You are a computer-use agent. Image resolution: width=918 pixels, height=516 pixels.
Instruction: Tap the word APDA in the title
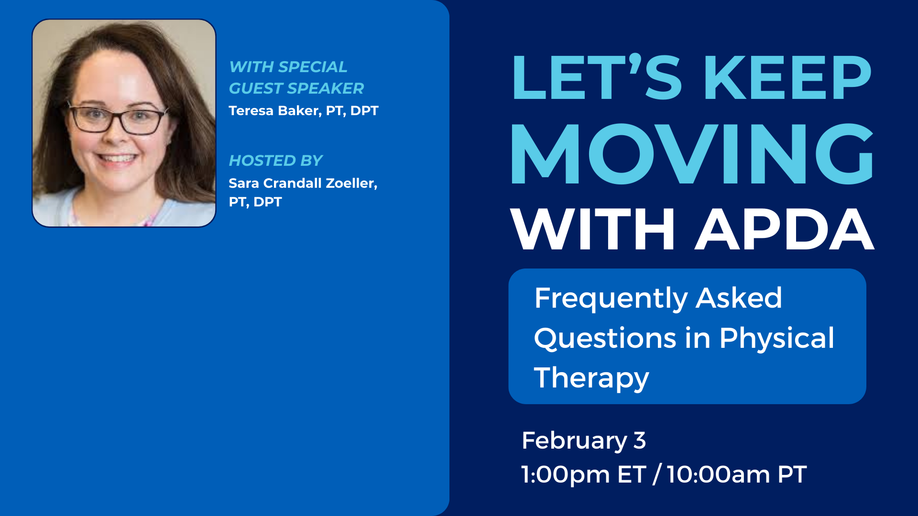785,229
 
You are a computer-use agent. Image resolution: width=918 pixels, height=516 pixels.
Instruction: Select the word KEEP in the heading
787,77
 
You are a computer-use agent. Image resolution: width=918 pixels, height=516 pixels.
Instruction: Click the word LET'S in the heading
597,77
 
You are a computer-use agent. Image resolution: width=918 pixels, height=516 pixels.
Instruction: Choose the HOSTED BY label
276,161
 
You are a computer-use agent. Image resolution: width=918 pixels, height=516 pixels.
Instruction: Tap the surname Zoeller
351,183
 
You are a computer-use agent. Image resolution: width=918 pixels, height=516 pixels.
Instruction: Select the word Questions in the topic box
605,339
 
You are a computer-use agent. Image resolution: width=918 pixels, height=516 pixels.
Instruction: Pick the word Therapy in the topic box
591,378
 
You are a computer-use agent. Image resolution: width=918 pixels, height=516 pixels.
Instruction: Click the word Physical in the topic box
777,339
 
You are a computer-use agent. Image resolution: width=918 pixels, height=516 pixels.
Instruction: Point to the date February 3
584,441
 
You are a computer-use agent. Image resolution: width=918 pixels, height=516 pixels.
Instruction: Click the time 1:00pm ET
583,474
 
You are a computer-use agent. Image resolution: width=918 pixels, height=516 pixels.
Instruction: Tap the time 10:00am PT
737,474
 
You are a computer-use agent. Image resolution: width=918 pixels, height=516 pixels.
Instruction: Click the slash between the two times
656,474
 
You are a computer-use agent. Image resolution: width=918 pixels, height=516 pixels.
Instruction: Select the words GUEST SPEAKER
296,88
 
